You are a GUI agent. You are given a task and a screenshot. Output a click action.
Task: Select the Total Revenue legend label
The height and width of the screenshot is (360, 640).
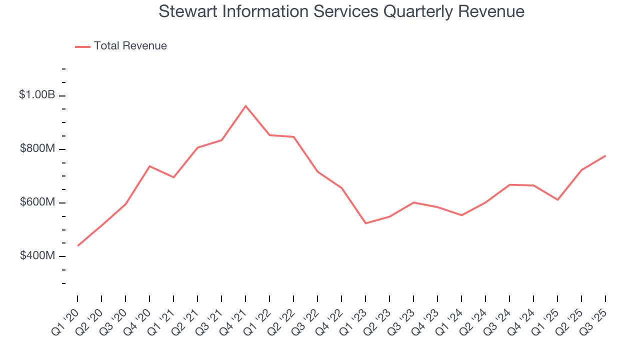click(130, 46)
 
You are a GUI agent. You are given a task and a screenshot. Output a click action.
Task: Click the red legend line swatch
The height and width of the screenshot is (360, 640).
click(82, 46)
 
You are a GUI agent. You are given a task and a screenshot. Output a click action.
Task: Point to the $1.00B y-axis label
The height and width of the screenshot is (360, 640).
click(37, 94)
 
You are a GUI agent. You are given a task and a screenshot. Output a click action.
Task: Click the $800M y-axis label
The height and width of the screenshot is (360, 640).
click(37, 148)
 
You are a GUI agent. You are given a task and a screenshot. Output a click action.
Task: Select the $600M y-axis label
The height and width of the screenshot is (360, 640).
click(37, 202)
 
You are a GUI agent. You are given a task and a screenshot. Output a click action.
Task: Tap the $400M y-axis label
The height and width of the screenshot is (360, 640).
click(37, 255)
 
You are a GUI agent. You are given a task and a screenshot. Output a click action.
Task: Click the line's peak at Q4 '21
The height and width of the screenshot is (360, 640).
click(245, 106)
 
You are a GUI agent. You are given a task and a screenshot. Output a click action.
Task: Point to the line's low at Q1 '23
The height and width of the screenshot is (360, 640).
click(365, 223)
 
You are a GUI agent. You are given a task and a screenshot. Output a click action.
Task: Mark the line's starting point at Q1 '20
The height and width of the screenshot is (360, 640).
click(78, 245)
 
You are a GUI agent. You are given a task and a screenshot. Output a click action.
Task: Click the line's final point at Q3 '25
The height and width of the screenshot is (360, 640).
click(605, 156)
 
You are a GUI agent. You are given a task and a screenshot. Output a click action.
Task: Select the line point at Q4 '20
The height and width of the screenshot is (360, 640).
click(149, 166)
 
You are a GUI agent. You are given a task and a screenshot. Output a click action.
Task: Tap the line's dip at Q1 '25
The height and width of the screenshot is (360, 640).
click(557, 200)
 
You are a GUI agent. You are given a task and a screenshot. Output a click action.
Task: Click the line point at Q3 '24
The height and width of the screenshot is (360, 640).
click(509, 184)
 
